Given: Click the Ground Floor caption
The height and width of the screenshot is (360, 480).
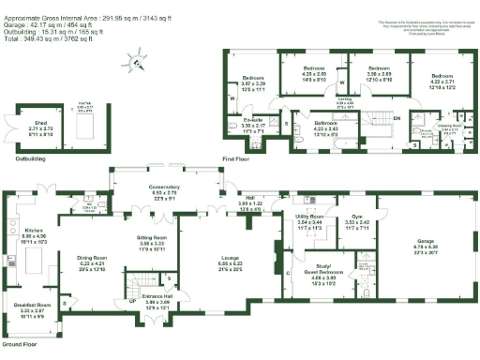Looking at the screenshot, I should pos(20,344).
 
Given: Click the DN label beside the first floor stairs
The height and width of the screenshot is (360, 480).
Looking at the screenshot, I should pos(396,118).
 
